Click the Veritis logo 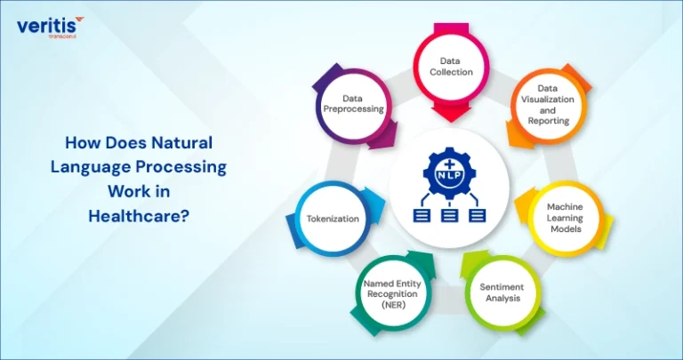[50, 27]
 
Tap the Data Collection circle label [451, 67]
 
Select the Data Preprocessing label [353, 104]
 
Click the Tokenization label [333, 219]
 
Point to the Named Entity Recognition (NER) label [392, 294]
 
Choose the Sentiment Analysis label [502, 292]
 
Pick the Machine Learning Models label [565, 218]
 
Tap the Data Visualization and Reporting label [548, 105]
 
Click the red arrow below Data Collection [451, 112]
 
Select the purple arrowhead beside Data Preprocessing [384, 135]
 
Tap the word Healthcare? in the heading [139, 216]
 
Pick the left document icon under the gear [422, 215]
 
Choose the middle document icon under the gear [450, 215]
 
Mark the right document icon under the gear [478, 215]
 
